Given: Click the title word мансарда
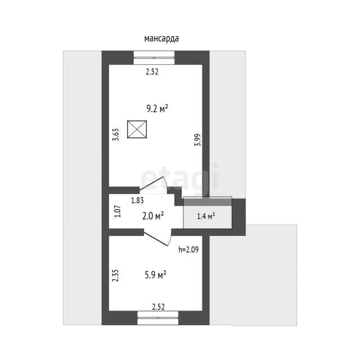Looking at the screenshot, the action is [161, 39].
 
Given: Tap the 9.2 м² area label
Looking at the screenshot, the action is [157, 109].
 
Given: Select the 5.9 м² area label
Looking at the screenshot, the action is [155, 274].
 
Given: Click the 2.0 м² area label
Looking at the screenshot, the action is [153, 216].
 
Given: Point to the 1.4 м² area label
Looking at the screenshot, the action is [206, 216].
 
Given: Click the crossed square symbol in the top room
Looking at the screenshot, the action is [137, 129].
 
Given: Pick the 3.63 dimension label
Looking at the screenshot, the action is [116, 134].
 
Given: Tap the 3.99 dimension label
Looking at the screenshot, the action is [197, 140].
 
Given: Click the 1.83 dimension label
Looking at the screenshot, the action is [137, 200].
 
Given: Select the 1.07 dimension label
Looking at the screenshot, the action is [118, 211].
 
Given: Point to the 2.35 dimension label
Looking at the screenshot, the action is [115, 276].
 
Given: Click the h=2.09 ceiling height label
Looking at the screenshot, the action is [188, 249].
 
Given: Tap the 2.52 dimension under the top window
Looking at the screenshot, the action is [152, 72].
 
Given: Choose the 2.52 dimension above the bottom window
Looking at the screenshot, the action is [159, 307].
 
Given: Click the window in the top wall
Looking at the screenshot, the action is [154, 57].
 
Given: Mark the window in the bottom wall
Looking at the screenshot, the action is [158, 318].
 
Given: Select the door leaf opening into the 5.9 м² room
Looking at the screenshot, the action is [156, 237].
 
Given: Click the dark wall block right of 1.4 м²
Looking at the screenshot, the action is [238, 217].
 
